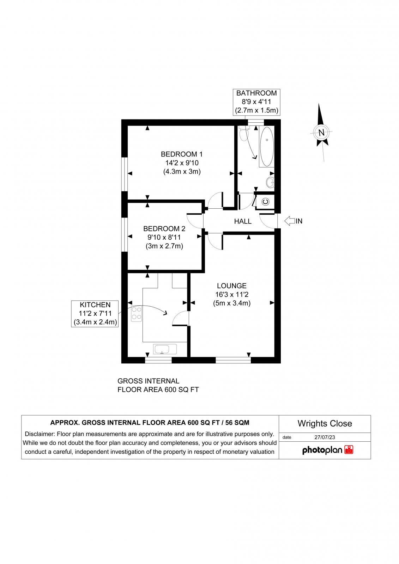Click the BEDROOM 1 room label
(x=182, y=154)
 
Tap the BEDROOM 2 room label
(x=164, y=228)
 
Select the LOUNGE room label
(x=231, y=286)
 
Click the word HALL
(x=243, y=221)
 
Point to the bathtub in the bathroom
(x=267, y=147)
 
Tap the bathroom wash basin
(x=270, y=183)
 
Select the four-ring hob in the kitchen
(x=137, y=314)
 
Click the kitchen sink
(x=165, y=349)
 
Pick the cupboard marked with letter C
(x=266, y=202)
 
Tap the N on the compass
(x=321, y=133)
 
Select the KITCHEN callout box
(x=95, y=313)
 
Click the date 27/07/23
(x=325, y=437)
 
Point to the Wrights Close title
(x=325, y=423)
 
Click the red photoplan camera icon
(x=349, y=450)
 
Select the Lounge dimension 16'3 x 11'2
(x=231, y=294)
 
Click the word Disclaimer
(x=40, y=434)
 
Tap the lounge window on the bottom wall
(x=233, y=360)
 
